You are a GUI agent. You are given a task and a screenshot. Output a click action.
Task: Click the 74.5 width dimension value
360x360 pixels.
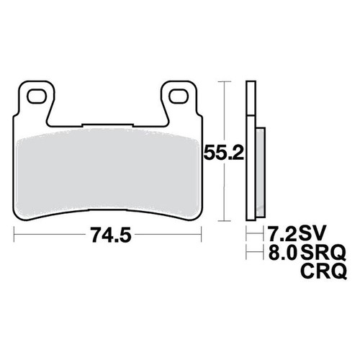111,235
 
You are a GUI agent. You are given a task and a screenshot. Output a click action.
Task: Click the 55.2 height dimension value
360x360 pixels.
224,153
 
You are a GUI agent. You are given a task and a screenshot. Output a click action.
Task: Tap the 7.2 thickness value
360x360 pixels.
282,233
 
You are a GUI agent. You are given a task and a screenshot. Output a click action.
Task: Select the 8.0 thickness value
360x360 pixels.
282,252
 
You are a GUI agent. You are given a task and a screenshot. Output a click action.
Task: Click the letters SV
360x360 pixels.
312,233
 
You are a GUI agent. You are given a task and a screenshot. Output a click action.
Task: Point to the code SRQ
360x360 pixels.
323,253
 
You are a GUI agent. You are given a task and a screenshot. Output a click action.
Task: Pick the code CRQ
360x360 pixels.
323,271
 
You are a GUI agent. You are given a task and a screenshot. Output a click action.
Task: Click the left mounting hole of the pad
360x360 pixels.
37,96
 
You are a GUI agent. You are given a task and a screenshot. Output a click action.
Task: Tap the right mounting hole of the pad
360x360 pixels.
179,96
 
